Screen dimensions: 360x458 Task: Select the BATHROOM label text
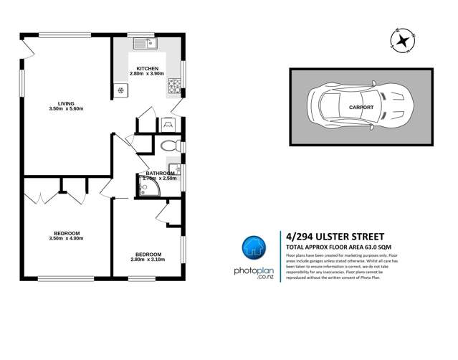tap(160, 174)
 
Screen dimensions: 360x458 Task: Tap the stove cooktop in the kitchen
tap(174, 88)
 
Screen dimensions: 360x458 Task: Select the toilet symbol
tap(169, 146)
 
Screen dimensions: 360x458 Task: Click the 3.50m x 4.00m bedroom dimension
tap(66, 239)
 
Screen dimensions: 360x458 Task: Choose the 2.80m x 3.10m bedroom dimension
tap(148, 260)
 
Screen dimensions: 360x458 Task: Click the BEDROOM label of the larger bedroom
tap(66, 233)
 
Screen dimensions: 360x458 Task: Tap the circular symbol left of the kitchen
tap(120, 90)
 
